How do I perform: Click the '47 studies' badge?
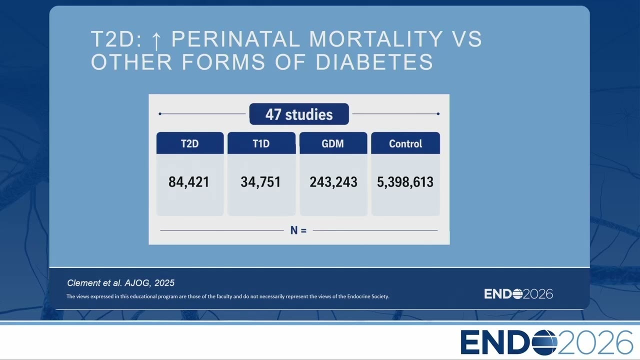[299, 114]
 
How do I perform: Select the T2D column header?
[190, 143]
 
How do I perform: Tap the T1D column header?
[261, 143]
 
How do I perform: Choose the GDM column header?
[333, 143]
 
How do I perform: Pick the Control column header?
[405, 143]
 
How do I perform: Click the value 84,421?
[188, 182]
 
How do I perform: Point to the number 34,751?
[260, 182]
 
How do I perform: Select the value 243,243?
[333, 182]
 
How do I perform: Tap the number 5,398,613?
[405, 182]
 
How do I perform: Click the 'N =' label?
[298, 230]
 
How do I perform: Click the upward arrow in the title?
[156, 39]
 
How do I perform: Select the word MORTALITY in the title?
[376, 39]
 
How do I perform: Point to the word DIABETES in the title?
[374, 61]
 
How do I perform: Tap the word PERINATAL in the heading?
[235, 39]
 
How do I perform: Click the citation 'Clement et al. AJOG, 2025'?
[120, 283]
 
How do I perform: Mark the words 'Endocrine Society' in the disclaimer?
[368, 296]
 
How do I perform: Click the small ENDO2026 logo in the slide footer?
[518, 294]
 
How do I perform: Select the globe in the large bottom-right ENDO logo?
[544, 342]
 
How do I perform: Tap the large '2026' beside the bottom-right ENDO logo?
[595, 342]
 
